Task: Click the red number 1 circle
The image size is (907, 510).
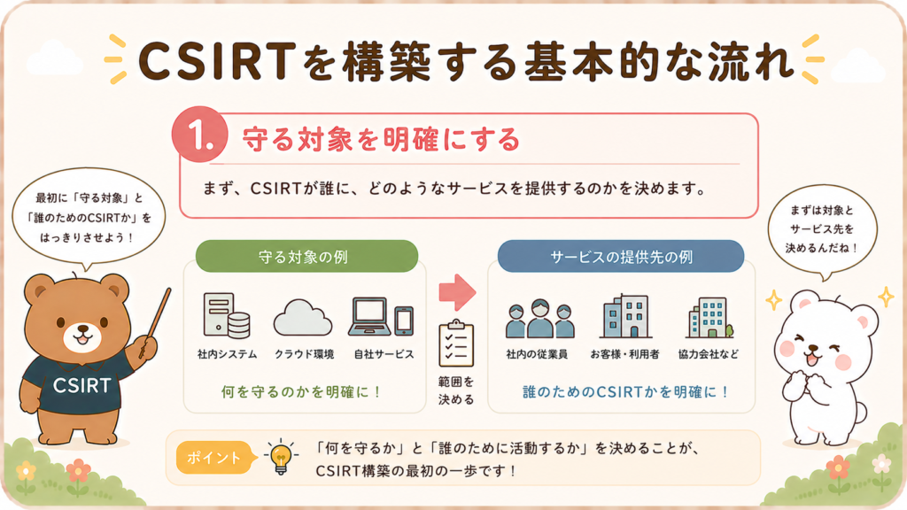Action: pyautogui.click(x=199, y=135)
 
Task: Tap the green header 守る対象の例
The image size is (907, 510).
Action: pyautogui.click(x=306, y=256)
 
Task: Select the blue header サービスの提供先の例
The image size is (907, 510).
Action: pyautogui.click(x=621, y=256)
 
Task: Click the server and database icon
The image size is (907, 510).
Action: pyautogui.click(x=226, y=315)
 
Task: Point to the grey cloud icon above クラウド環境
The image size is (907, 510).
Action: pyautogui.click(x=303, y=318)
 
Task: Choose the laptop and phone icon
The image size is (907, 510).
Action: pyautogui.click(x=381, y=317)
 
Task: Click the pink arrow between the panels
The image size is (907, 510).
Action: pyautogui.click(x=457, y=292)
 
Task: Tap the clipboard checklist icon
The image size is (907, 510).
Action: pyautogui.click(x=456, y=344)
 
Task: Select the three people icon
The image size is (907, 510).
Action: pyautogui.click(x=539, y=318)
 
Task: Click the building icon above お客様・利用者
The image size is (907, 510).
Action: pyautogui.click(x=625, y=316)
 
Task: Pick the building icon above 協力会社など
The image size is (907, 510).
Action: pyautogui.click(x=709, y=318)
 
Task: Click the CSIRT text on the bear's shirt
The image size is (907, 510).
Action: pyautogui.click(x=81, y=385)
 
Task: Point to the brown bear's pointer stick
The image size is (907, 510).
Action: pyautogui.click(x=155, y=322)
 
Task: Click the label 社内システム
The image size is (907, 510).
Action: pyautogui.click(x=227, y=354)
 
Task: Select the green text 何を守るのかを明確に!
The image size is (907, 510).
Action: pyautogui.click(x=301, y=392)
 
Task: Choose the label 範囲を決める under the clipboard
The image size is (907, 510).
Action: pyautogui.click(x=456, y=390)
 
